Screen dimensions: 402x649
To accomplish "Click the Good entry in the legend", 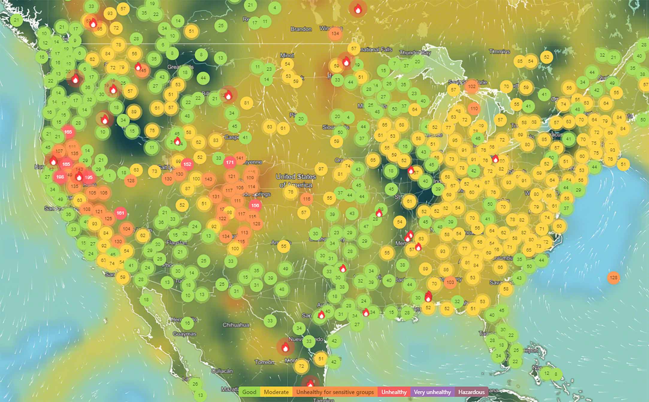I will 249,392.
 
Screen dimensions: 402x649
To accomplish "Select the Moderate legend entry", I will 276,392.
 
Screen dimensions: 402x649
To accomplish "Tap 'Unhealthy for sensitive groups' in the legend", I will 335,392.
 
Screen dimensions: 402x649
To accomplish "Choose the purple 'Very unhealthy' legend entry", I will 432,392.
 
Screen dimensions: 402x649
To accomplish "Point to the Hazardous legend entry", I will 471,392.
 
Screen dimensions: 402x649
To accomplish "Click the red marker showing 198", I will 60,177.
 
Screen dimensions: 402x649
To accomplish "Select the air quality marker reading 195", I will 89,177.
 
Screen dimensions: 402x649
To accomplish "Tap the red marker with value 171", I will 230,162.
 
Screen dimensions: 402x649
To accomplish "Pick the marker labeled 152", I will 187,164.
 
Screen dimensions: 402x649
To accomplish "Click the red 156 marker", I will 255,205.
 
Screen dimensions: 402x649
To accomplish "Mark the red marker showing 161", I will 120,213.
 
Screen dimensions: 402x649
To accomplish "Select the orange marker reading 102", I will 472,86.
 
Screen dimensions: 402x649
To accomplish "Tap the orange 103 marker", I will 450,282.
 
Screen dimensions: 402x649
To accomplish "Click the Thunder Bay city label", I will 415,53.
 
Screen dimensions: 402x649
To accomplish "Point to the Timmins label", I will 499,52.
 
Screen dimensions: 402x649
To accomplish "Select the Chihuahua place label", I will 236,325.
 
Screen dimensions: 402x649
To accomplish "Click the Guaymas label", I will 184,334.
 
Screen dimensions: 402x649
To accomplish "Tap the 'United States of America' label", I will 296,181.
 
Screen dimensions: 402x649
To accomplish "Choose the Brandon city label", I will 301,29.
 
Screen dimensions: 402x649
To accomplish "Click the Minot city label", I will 287,55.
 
